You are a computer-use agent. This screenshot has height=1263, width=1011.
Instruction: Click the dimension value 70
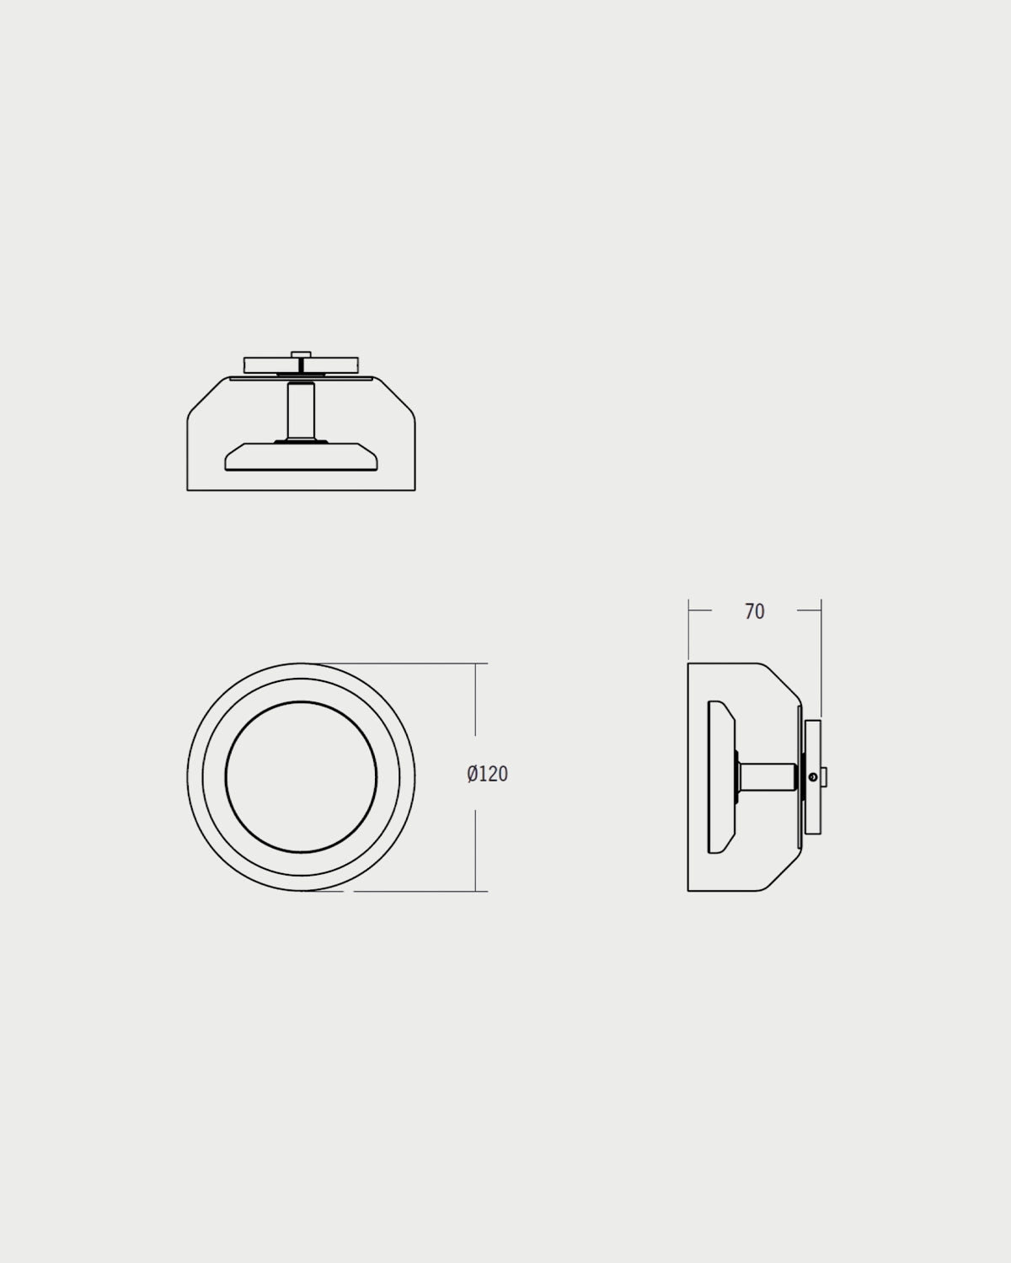point(754,611)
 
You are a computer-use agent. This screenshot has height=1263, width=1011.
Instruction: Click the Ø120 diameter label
point(487,774)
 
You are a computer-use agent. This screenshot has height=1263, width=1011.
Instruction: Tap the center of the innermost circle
point(301,777)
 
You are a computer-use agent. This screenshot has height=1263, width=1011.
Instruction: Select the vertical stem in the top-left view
point(301,412)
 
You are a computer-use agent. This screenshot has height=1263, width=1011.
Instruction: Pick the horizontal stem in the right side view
point(768,776)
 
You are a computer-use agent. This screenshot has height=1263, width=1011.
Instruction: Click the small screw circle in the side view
point(813,777)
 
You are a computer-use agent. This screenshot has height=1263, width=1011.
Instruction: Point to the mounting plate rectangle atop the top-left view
point(301,365)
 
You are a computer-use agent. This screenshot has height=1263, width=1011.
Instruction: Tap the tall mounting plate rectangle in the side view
point(813,776)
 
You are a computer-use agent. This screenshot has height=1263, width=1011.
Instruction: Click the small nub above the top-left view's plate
point(301,354)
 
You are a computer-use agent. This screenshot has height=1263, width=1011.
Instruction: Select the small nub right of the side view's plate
point(824,777)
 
